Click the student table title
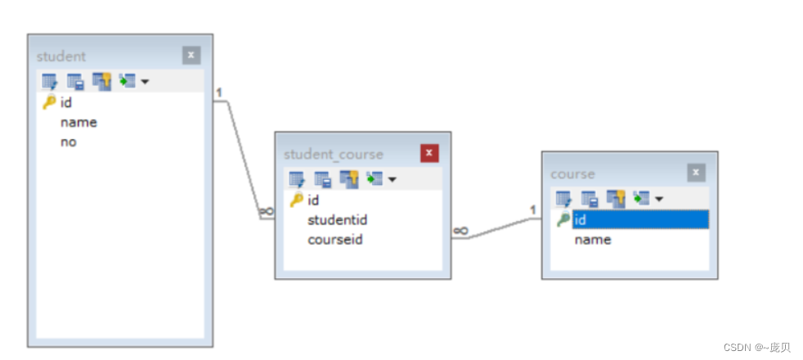coord(61,56)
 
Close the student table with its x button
coord(191,56)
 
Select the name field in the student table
coord(79,122)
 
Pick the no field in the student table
coord(68,142)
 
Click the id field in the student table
coord(66,102)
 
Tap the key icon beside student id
coord(49,102)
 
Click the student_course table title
coord(333,154)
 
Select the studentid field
coord(337,220)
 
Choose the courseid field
coord(334,240)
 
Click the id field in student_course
coord(313,200)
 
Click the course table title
coord(572,173)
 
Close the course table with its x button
coord(696,173)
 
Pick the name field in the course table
coord(593,239)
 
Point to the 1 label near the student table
coord(219,92)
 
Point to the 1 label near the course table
coord(532,210)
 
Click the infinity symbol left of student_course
coord(266,211)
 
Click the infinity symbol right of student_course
coord(460,232)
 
